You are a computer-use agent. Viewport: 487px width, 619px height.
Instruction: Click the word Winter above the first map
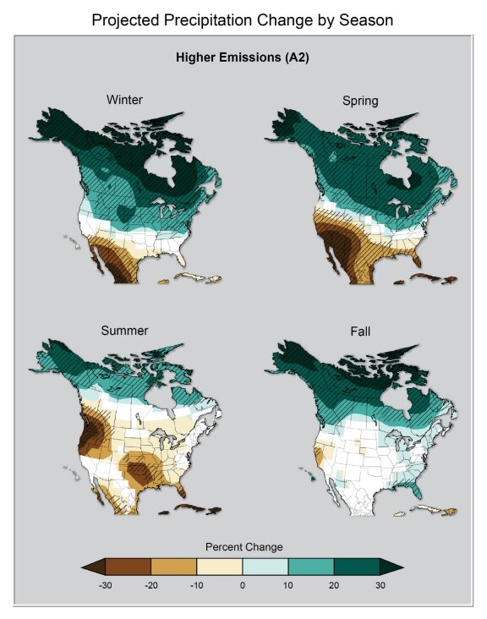pyautogui.click(x=124, y=100)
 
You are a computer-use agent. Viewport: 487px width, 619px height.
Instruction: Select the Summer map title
pyautogui.click(x=124, y=330)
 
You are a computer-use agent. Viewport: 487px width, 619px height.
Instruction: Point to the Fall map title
pyautogui.click(x=360, y=334)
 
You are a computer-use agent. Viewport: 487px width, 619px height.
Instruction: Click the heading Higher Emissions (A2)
pyautogui.click(x=243, y=58)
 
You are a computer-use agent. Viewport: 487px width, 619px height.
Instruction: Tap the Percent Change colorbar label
pyautogui.click(x=243, y=547)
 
